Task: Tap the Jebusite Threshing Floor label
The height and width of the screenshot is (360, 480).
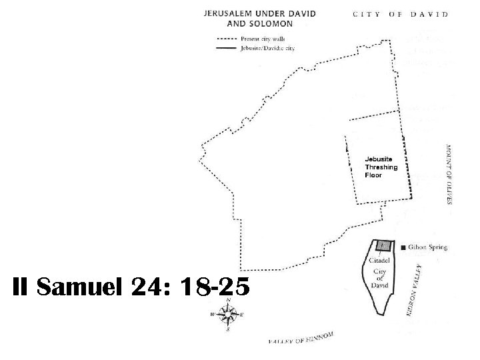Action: point(381,167)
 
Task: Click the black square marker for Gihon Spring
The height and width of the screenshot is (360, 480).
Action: point(404,248)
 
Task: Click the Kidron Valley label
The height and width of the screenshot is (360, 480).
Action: point(415,289)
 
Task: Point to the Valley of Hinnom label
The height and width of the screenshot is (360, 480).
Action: point(301,339)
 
